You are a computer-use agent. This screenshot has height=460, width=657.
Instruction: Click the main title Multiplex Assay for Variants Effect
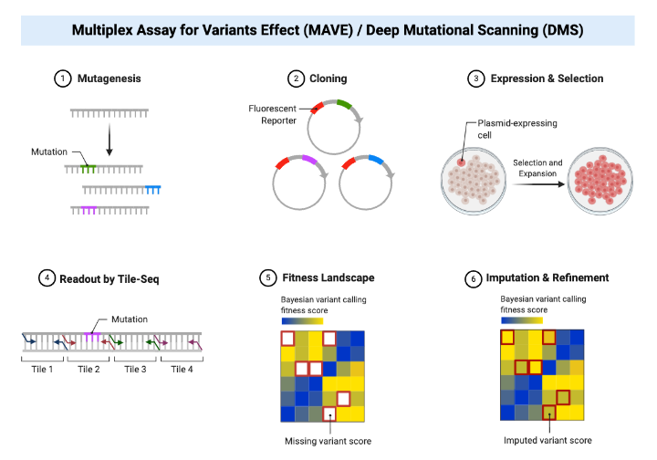328,30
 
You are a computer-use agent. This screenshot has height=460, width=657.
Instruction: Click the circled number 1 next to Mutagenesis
62,78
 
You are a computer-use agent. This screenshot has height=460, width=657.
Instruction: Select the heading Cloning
329,78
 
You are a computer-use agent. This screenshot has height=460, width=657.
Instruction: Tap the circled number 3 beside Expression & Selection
475,78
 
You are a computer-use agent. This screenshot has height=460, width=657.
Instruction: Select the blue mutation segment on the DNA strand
152,189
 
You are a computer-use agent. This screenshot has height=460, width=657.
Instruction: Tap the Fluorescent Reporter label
273,113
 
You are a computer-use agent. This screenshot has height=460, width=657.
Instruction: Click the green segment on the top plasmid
343,105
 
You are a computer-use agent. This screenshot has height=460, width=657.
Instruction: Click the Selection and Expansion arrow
535,182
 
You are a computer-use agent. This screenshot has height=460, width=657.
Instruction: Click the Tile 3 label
135,369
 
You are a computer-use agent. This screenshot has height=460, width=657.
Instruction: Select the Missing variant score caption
326,441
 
